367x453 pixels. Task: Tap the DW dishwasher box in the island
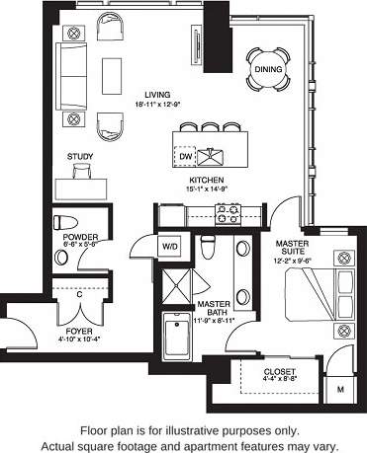pyautogui.click(x=185, y=156)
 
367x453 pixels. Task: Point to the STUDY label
pyautogui.click(x=81, y=156)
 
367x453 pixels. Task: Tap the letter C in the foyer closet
pyautogui.click(x=78, y=293)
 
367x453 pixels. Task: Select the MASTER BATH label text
pyautogui.click(x=214, y=311)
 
